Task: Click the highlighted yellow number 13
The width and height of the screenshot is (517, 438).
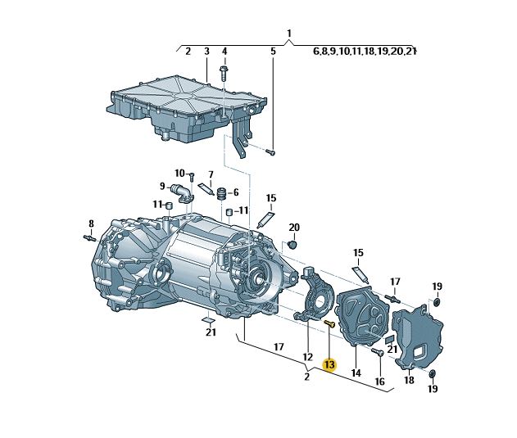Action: pos(330,364)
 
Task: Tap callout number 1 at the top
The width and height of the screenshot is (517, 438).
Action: pos(289,34)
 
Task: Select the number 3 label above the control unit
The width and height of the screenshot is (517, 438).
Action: pos(206,52)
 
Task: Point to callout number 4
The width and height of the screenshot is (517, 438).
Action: pos(224,52)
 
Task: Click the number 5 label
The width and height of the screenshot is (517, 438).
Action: pos(274,52)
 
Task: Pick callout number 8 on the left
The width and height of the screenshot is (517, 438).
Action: pos(92,223)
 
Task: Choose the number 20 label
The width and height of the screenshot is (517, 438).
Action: pos(295,227)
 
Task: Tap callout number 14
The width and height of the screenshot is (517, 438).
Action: pos(356,373)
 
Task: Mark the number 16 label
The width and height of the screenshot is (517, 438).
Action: pos(379,382)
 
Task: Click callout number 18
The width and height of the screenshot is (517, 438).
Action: pos(409,380)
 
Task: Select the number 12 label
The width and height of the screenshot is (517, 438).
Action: pos(308,357)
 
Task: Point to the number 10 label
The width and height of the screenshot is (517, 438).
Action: pos(179,173)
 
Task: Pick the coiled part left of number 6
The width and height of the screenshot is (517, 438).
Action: pos(219,193)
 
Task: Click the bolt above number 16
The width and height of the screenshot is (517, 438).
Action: pos(378,352)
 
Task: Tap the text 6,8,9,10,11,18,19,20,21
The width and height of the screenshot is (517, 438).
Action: pos(365,52)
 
